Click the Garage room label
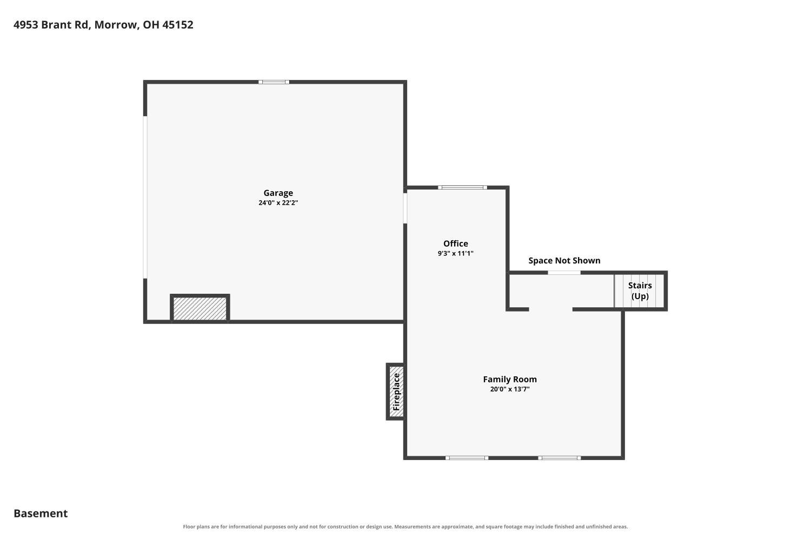278,193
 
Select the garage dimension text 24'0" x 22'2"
278,203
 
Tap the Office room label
455,244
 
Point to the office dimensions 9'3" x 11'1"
455,254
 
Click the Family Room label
510,380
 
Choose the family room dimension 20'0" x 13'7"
510,389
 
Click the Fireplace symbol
396,391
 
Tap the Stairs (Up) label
640,291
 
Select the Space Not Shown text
564,260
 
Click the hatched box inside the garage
200,308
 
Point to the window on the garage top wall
274,82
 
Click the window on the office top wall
462,187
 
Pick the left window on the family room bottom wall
467,458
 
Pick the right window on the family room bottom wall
560,458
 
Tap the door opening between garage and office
405,208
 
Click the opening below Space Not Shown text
564,272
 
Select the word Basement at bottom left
41,514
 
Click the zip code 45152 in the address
178,25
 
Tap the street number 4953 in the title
26,25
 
